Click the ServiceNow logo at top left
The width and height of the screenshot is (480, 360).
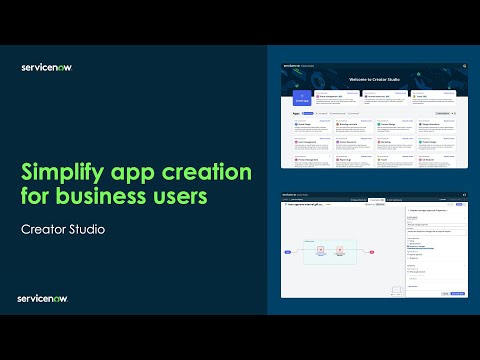[x=46, y=68]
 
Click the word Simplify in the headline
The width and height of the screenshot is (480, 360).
[x=61, y=172]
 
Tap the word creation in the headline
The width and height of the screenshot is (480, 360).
[x=199, y=172]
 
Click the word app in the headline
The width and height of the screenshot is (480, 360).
[x=128, y=172]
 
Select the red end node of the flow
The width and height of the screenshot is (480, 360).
[x=367, y=254]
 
